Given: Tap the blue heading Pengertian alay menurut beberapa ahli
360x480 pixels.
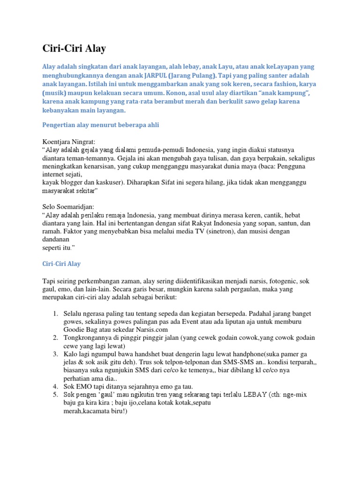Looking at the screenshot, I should point(101,125).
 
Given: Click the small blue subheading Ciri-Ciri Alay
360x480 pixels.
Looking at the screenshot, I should point(61,264).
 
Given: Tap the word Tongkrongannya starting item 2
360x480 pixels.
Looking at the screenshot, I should point(89,337).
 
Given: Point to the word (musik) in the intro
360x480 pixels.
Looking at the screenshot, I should point(55,92).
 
